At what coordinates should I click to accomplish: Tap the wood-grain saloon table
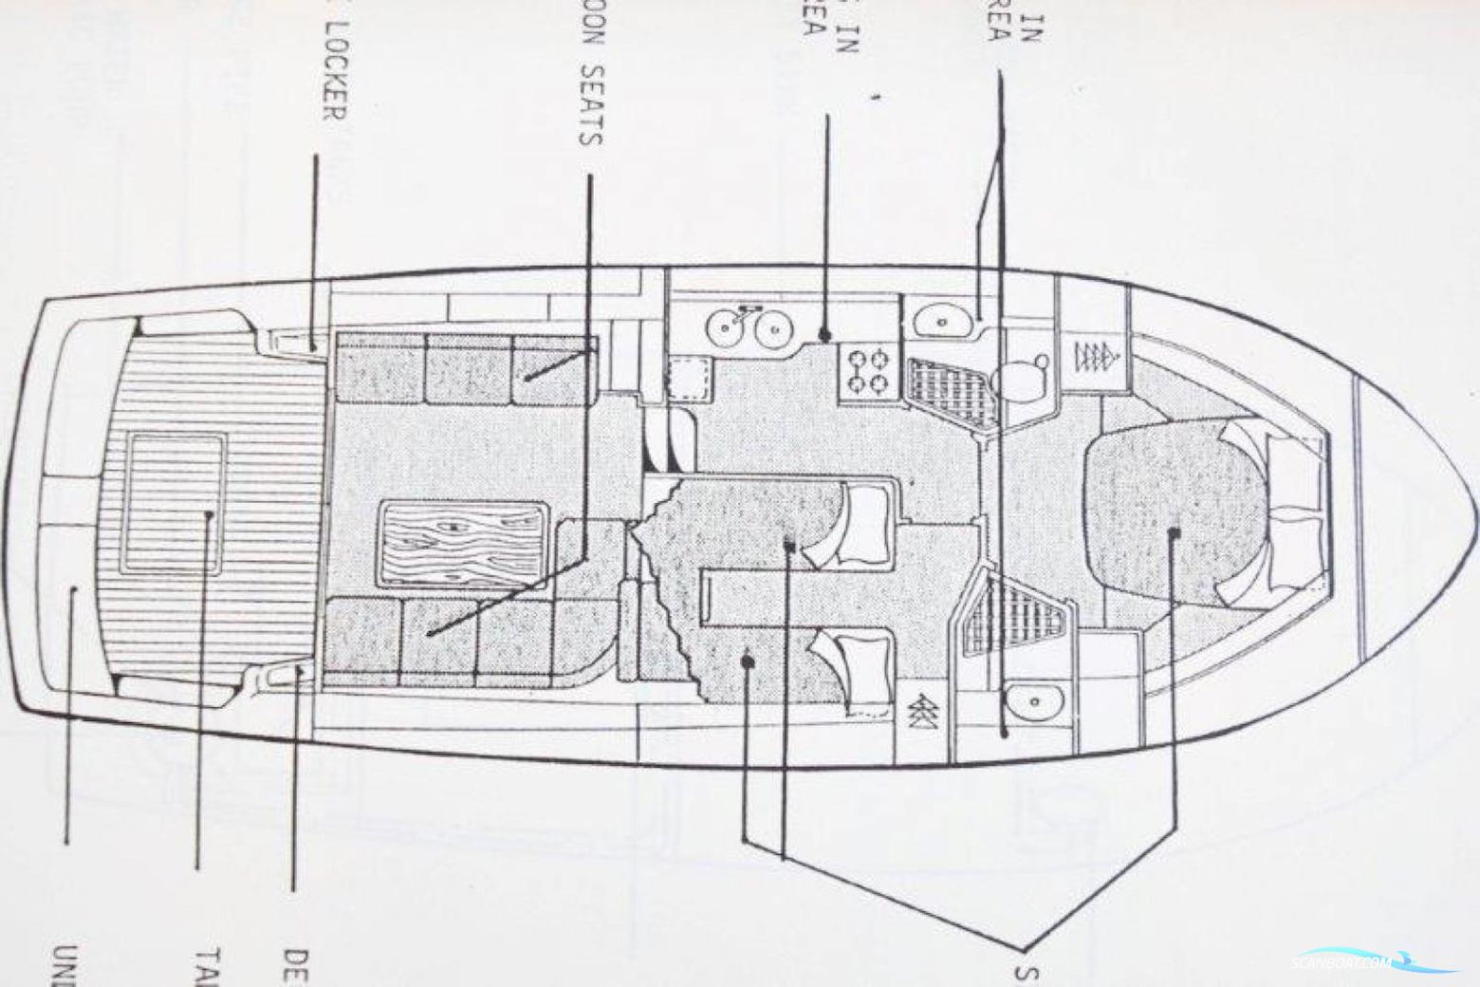pos(464,544)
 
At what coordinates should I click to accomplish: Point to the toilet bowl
pos(1026,376)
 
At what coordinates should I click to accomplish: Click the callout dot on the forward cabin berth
pos(1175,532)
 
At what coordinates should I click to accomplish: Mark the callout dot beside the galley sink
pos(825,335)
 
